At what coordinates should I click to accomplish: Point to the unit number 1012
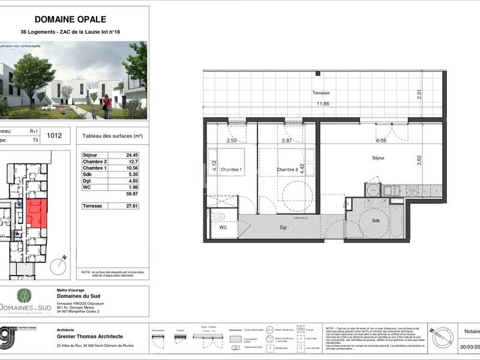55,136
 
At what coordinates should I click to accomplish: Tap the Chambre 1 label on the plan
230,170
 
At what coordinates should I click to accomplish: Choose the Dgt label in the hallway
283,227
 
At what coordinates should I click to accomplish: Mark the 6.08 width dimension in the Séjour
381,140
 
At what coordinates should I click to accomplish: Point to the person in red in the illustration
107,106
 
